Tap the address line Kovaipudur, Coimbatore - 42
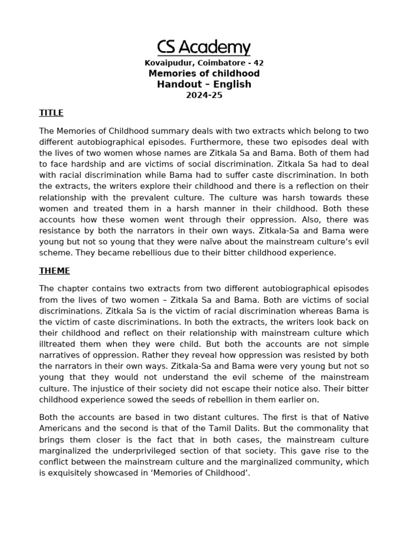pos(204,63)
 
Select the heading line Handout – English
pos(204,84)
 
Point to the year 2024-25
pos(204,96)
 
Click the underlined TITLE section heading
pos(51,113)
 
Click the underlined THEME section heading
pos(54,271)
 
